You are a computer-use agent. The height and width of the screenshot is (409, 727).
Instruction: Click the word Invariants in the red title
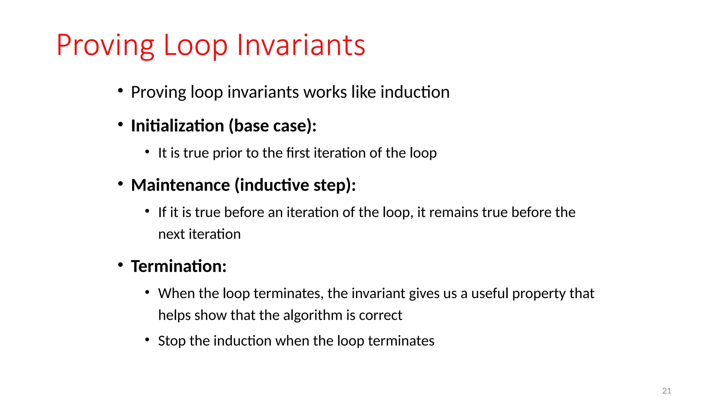(x=301, y=45)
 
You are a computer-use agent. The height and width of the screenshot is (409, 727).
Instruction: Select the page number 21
(x=667, y=391)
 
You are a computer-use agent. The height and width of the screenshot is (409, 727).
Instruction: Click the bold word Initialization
(x=177, y=126)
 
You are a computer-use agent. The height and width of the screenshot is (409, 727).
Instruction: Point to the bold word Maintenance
(x=180, y=185)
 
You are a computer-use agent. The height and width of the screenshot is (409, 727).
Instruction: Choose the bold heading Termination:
(x=179, y=266)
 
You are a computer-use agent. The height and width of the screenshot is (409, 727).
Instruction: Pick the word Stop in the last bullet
(x=172, y=341)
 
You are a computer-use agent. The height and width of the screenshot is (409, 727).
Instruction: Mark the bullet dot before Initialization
(x=121, y=125)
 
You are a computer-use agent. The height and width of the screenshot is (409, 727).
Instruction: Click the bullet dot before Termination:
(x=121, y=265)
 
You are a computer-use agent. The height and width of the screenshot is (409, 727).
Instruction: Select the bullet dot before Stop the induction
(x=147, y=340)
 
